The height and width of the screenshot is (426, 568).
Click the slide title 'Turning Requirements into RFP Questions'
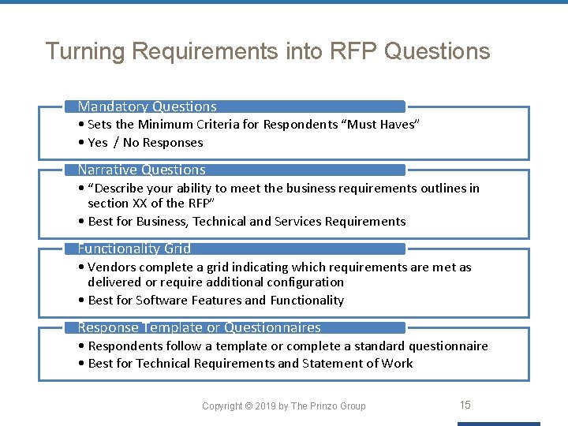pos(267,51)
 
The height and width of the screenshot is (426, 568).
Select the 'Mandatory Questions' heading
pos(147,106)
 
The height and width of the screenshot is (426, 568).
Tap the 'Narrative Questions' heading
pos(141,170)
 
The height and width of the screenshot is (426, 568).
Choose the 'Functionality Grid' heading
pos(134,248)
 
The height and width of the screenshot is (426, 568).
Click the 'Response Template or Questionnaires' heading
pos(199,327)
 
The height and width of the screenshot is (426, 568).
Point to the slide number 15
pos(465,405)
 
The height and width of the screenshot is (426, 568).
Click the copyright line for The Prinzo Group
pos(284,406)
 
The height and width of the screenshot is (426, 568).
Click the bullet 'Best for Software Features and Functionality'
pos(216,301)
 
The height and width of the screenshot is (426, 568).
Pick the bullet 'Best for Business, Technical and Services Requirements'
pos(247,222)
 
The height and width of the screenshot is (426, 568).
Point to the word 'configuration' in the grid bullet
pos(305,282)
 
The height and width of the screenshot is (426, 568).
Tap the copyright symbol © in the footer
pos(248,406)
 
